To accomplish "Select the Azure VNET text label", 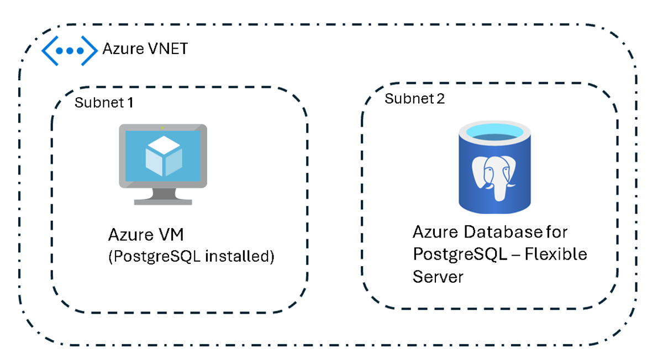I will pos(145,49).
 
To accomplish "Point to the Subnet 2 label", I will pos(414,99).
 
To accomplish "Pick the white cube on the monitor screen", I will pos(163,157).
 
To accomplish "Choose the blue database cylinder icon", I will pos(491,169).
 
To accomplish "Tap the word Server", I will pos(438,276).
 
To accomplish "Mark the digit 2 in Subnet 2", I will pos(440,99).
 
